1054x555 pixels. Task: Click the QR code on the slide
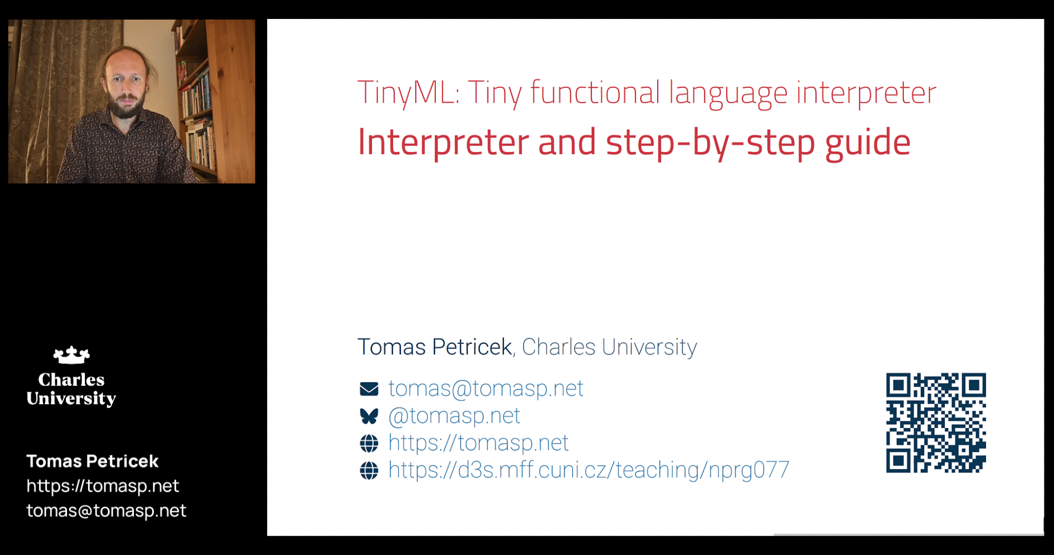pyautogui.click(x=936, y=423)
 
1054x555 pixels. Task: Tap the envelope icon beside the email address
pyautogui.click(x=369, y=389)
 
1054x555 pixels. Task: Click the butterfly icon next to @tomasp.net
pyautogui.click(x=369, y=417)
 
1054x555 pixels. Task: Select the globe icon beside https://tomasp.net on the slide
pyautogui.click(x=369, y=443)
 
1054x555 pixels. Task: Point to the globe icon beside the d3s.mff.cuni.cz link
pyautogui.click(x=369, y=470)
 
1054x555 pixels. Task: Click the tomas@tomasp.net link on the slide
pyautogui.click(x=486, y=389)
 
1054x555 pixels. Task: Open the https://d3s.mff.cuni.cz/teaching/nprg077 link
pyautogui.click(x=589, y=470)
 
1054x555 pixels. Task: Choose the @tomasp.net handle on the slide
pyautogui.click(x=454, y=416)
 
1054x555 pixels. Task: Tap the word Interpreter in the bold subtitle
pyautogui.click(x=443, y=142)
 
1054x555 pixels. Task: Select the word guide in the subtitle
pyautogui.click(x=868, y=143)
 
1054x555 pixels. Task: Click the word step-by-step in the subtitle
pyautogui.click(x=710, y=143)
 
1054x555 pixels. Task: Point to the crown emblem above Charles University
pyautogui.click(x=72, y=355)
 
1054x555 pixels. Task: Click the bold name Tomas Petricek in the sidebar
pyautogui.click(x=93, y=461)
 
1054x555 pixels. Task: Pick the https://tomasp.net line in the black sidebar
pyautogui.click(x=103, y=486)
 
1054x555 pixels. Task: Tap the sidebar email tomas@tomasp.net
pyautogui.click(x=106, y=511)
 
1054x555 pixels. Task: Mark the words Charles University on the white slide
pyautogui.click(x=609, y=348)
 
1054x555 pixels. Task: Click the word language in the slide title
pyautogui.click(x=728, y=94)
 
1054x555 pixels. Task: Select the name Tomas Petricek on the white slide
pyautogui.click(x=435, y=348)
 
